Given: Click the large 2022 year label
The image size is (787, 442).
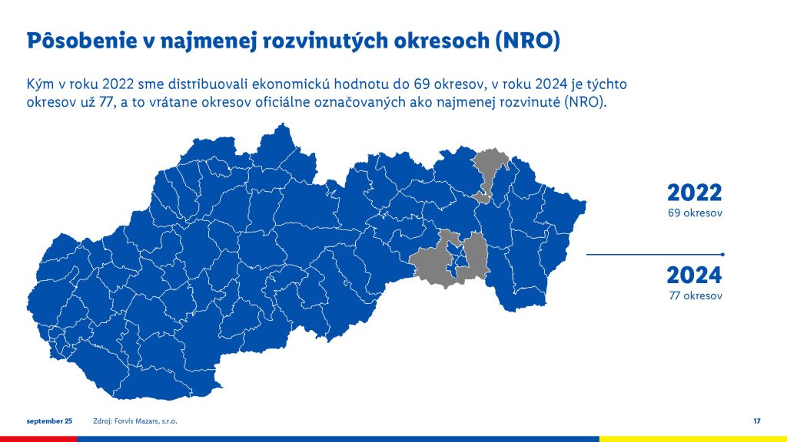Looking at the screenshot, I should (694, 193).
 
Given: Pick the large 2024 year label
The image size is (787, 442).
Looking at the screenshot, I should (694, 275).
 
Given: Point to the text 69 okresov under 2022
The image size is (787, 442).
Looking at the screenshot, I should (695, 213).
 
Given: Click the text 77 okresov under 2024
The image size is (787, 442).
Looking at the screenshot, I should (695, 295).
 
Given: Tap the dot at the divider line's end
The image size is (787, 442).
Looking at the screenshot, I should (722, 253).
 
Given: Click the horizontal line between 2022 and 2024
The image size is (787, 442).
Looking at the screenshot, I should (653, 253).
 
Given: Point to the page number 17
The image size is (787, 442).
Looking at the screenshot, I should (757, 421).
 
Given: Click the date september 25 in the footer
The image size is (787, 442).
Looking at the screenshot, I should (49, 421).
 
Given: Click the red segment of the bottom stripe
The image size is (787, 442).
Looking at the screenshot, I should (38, 439).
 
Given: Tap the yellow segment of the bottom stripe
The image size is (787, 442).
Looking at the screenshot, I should (692, 439).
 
